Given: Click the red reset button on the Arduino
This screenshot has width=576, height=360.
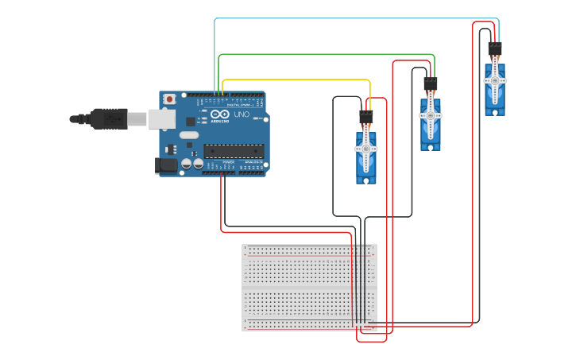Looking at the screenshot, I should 169,99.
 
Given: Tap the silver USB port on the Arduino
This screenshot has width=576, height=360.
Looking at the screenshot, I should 162,119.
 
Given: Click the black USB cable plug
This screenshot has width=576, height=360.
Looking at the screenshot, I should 109,118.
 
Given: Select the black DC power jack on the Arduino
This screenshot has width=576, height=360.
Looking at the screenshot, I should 166,165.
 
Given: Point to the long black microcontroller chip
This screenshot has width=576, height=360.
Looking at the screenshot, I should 234,150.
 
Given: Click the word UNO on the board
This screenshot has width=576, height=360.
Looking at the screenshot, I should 242,115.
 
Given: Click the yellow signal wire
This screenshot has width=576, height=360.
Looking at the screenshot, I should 294,80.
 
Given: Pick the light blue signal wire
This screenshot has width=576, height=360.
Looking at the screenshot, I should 358,18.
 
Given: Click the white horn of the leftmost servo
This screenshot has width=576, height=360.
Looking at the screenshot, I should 366,149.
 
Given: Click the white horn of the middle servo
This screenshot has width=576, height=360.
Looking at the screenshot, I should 431,114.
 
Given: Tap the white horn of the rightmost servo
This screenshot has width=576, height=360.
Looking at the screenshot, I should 495,80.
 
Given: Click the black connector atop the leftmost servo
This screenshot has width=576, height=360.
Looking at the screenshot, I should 366,117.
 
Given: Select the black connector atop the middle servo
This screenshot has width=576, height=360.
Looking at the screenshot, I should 431,83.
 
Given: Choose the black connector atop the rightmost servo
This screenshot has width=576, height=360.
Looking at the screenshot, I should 495,48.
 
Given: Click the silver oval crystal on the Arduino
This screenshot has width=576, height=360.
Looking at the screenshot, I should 189,135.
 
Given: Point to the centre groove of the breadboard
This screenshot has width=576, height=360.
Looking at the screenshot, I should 310,288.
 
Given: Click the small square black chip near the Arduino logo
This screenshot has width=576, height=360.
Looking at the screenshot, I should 191,122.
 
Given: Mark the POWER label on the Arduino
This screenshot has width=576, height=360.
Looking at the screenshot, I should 229,162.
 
